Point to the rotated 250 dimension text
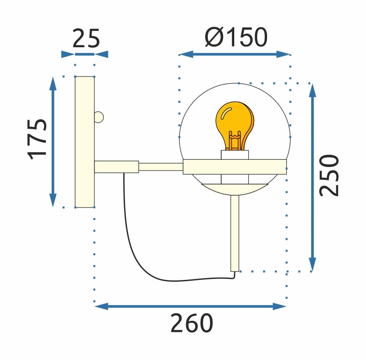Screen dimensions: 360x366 [329, 175]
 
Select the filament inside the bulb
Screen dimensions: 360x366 [234, 140]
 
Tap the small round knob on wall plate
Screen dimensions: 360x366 [99, 117]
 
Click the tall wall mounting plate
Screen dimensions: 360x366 [85, 142]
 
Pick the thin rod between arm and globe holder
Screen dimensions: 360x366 [161, 167]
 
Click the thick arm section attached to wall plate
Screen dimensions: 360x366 [116, 166]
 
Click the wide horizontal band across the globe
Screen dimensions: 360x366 [235, 166]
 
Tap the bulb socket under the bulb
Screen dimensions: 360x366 [235, 155]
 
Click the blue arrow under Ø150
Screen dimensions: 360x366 [235, 54]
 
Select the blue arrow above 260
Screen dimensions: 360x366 [191, 306]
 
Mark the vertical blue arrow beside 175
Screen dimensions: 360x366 [53, 142]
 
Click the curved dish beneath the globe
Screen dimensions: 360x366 [234, 189]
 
